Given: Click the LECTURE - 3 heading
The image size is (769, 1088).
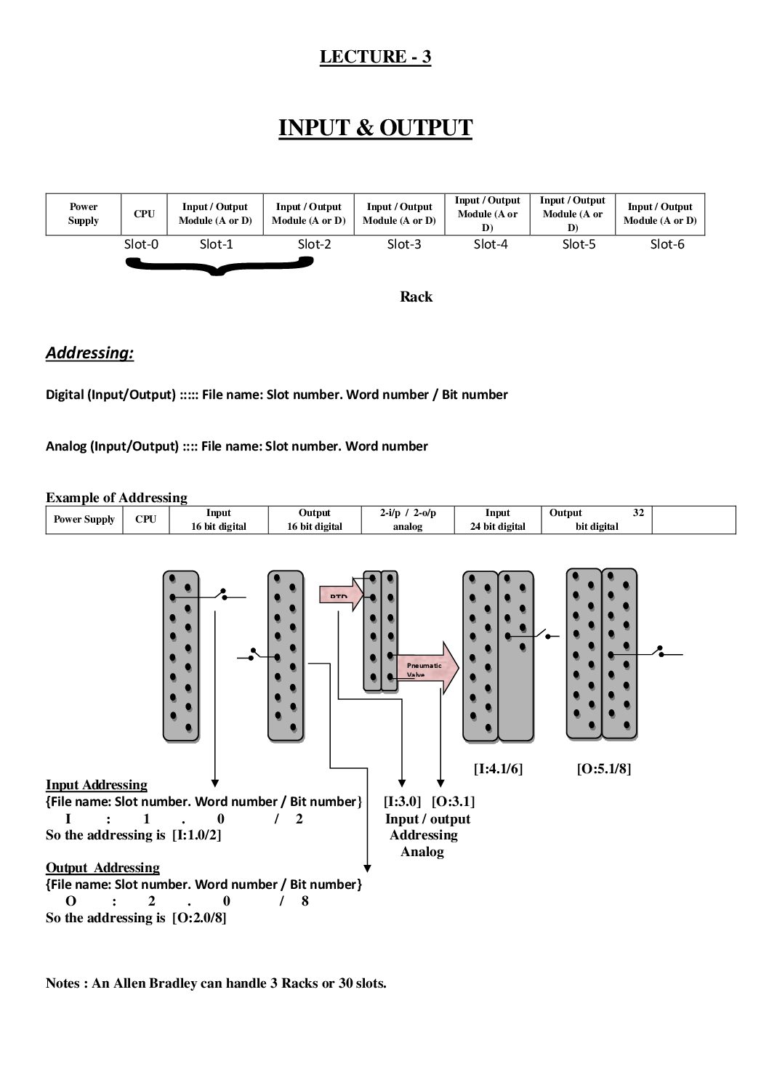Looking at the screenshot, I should point(375,57).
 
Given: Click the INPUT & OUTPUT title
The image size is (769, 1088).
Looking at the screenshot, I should point(375,128).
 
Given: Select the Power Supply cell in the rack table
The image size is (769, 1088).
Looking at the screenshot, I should point(83,214).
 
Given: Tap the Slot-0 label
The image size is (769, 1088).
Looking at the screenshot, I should point(141,244).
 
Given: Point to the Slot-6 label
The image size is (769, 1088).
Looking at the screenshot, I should point(667,244).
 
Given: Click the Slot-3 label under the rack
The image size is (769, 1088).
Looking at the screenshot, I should point(404,244).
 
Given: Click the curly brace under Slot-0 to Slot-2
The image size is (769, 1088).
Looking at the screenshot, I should point(219,267).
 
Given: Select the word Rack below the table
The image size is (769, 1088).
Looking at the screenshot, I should point(416,297).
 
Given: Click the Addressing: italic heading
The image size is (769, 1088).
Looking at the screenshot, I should point(89,353).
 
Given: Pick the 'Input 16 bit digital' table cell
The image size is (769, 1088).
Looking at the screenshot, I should point(218,520).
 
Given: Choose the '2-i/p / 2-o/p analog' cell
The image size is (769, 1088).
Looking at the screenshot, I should point(407,520).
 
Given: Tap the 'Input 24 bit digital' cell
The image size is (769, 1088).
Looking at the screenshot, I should point(497,520).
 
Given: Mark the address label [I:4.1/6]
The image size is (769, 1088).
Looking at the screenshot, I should point(498,768).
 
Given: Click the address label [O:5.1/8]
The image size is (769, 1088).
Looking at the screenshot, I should point(603,768).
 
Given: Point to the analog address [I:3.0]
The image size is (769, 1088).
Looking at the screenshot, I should point(402,802).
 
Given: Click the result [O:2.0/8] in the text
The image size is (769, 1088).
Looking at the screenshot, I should point(199,918).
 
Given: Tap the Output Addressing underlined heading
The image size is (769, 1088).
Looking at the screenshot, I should point(102,868).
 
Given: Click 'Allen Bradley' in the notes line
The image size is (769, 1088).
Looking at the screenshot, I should point(155,984).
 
